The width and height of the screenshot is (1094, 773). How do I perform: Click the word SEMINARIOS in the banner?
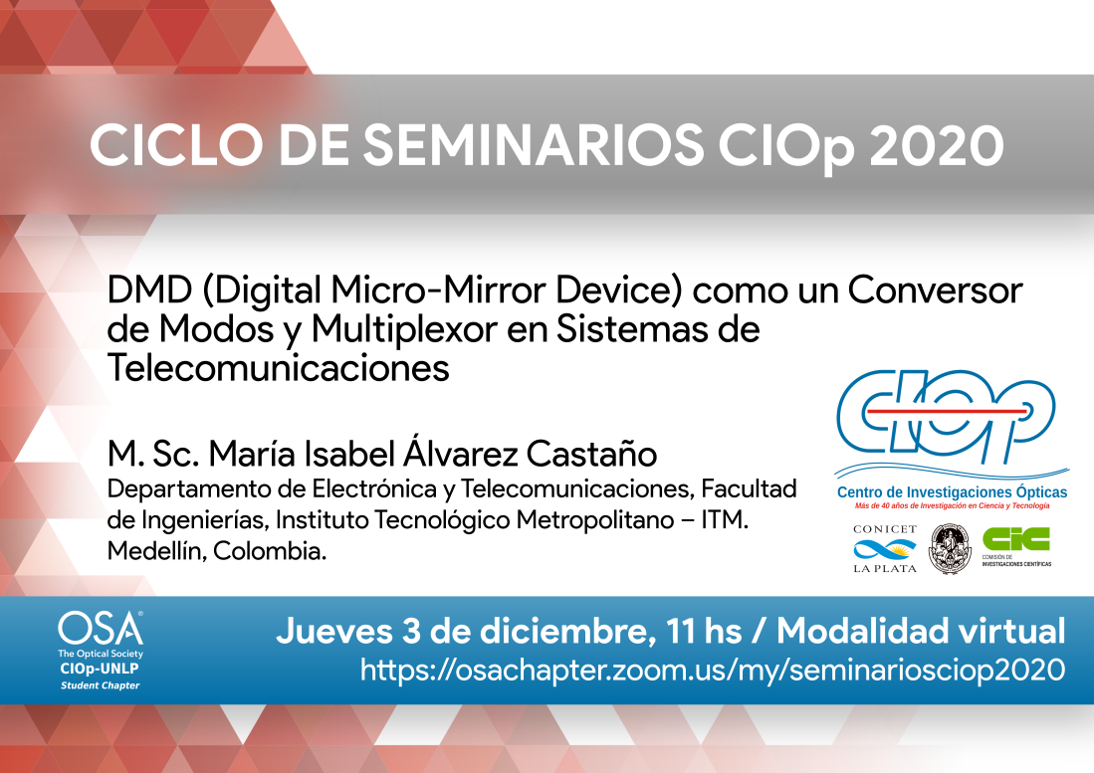533,145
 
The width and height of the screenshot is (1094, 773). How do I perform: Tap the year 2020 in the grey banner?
937,145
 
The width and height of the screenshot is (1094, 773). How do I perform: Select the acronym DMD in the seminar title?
149,290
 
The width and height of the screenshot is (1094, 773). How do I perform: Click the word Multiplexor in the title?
404,329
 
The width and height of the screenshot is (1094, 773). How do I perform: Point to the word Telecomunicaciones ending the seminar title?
279,367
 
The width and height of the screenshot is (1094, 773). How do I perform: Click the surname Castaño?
591,454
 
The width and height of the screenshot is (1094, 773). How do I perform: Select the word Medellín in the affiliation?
156,551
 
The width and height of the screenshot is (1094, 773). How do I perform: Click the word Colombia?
270,551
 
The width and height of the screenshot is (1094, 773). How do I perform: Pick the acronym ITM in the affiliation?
724,520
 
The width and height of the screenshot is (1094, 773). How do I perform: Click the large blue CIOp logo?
946,416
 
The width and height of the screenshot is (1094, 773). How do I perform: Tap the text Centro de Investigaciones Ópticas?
952,492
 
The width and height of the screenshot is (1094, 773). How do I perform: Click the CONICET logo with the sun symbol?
885,549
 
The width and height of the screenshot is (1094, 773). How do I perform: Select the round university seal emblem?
950,548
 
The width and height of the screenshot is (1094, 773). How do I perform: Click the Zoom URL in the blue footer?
713,670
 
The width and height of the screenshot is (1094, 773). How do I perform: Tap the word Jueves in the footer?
334,632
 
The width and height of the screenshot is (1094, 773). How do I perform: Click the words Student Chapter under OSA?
100,685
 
